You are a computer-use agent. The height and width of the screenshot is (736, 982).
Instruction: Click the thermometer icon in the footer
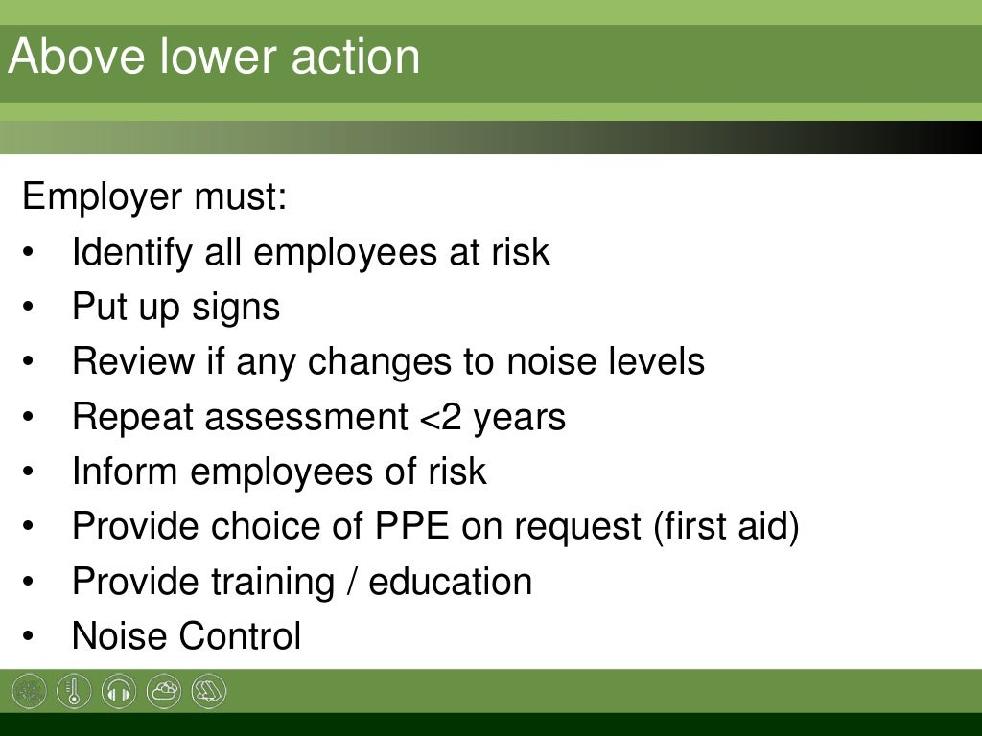[x=74, y=691]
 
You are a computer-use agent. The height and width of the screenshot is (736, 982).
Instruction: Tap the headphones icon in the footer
[x=119, y=691]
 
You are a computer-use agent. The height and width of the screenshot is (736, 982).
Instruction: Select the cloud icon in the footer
[x=164, y=691]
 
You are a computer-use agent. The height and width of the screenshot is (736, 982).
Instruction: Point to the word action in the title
[x=367, y=57]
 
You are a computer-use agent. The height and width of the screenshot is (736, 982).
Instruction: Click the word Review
[x=133, y=362]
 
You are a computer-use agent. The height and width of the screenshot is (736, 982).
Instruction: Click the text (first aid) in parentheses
[x=726, y=527]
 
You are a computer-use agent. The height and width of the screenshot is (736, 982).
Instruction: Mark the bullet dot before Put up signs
[x=30, y=309]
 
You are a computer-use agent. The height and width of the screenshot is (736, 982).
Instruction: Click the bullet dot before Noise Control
[x=30, y=637]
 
